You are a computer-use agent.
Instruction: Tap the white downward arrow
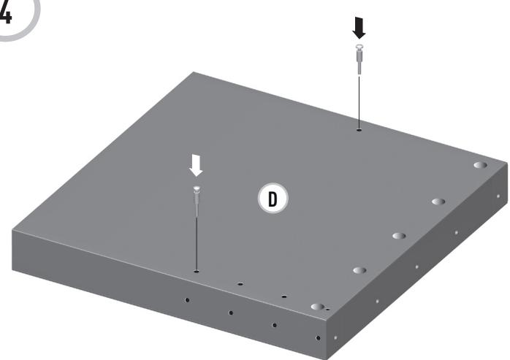[195, 167]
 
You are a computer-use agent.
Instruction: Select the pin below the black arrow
[358, 58]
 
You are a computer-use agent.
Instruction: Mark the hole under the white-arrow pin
[196, 271]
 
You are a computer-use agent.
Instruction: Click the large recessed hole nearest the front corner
[317, 307]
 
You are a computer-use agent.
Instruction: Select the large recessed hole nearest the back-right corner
[479, 166]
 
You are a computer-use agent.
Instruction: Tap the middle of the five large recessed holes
[399, 236]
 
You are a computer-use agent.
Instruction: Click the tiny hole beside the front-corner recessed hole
[328, 310]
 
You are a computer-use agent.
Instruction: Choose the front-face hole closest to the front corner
[317, 338]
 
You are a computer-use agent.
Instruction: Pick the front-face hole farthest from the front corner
[187, 299]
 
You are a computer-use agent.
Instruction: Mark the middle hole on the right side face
[417, 267]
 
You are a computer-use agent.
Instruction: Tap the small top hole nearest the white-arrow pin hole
[240, 283]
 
